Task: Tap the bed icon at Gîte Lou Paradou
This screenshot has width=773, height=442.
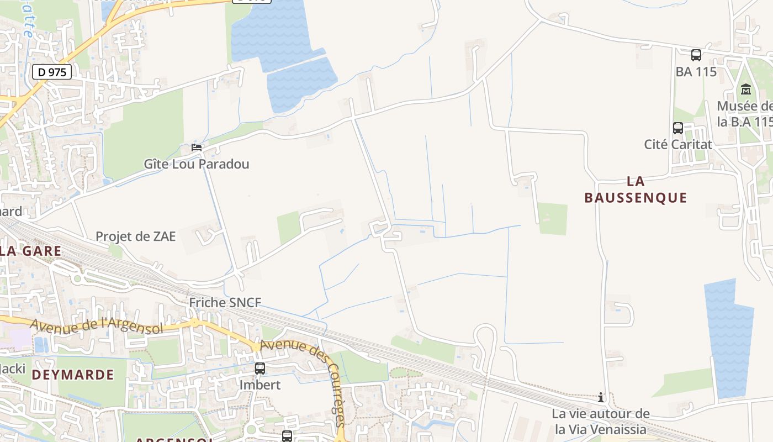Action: tap(196, 148)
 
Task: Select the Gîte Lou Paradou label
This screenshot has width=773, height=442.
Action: tap(197, 164)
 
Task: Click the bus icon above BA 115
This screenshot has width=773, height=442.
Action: tap(696, 55)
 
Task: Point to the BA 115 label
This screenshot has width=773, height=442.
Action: tap(696, 72)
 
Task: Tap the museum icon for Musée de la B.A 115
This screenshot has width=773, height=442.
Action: tap(746, 90)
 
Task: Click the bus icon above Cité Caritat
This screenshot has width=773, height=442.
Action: tap(678, 128)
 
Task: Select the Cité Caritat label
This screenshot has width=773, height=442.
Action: tap(678, 145)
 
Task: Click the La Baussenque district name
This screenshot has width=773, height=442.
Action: tap(636, 190)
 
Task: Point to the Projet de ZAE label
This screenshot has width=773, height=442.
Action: tap(136, 236)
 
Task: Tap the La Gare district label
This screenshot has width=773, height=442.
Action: tap(30, 251)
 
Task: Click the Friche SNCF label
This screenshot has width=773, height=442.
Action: tap(225, 303)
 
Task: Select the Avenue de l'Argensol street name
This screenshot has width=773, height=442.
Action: tap(97, 327)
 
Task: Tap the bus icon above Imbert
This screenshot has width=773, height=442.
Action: tap(260, 368)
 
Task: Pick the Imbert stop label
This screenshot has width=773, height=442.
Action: tap(260, 385)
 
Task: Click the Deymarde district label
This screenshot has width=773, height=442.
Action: tap(73, 375)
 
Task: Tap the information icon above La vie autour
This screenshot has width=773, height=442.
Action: tap(601, 397)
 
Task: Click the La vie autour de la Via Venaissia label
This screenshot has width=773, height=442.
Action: tap(601, 421)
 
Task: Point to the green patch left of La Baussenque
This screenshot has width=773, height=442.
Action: tap(553, 219)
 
